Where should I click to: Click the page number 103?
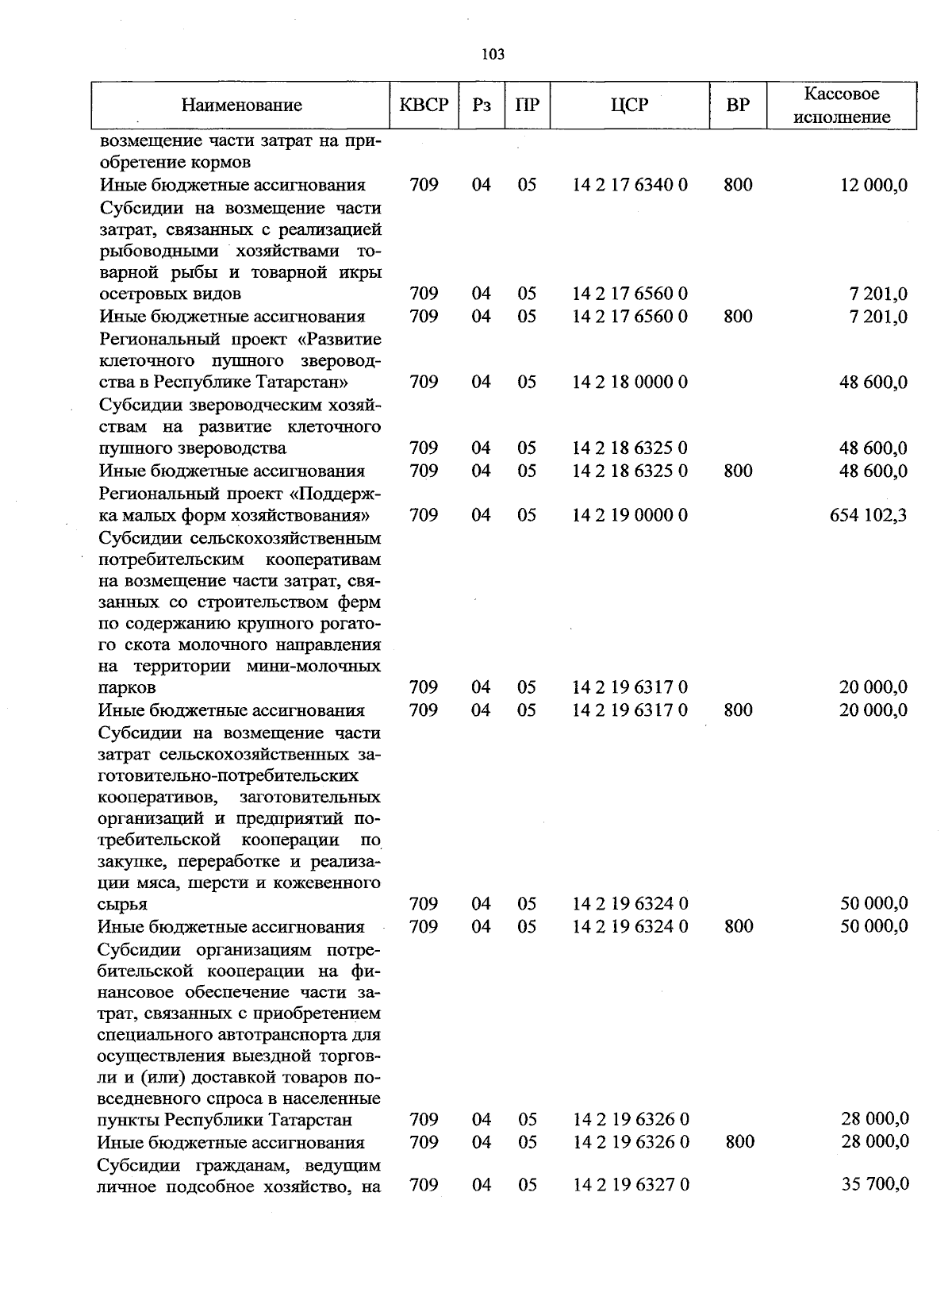[x=493, y=55]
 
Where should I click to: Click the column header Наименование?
[x=241, y=105]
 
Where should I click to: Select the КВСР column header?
[x=424, y=105]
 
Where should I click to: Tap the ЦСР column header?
[x=630, y=105]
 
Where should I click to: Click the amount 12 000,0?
[x=873, y=186]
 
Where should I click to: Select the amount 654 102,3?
[x=868, y=516]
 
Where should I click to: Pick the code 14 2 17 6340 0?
[x=630, y=185]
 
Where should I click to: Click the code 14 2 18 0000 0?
[x=630, y=383]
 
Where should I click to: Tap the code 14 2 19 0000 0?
[x=630, y=516]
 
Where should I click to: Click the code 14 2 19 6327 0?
[x=631, y=1185]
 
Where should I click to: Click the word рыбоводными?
[x=158, y=251]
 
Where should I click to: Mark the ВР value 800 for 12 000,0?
[x=738, y=185]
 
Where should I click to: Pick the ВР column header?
[x=738, y=105]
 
